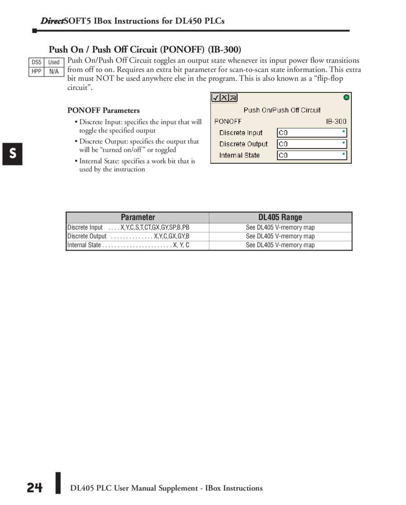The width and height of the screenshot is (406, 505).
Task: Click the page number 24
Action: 34,488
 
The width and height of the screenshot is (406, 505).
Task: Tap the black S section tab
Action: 13,154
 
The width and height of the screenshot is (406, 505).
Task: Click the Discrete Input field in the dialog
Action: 312,133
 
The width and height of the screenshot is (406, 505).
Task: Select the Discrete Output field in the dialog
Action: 312,144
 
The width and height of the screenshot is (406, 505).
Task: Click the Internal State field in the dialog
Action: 312,155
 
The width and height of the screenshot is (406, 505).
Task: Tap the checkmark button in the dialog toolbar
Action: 216,97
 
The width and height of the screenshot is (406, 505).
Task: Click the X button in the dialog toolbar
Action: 224,97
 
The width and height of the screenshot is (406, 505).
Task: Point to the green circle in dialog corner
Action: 346,97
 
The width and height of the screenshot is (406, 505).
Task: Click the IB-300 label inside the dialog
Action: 336,121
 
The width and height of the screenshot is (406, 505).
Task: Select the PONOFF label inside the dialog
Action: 228,121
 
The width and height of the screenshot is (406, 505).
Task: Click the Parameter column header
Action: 138,217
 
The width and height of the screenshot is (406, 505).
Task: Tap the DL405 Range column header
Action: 280,217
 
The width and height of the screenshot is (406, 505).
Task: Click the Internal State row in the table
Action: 128,245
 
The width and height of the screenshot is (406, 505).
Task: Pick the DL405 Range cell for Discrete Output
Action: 280,236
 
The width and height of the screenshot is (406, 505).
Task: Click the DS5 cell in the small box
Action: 36,62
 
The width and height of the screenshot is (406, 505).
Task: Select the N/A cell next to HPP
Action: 54,71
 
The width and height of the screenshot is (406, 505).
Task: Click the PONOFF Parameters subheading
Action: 103,110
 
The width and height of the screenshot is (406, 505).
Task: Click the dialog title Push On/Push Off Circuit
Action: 282,110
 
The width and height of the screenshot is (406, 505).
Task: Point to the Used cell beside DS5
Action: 54,62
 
